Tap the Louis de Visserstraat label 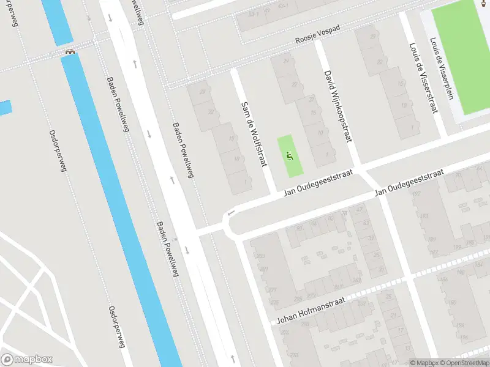[x=423, y=78]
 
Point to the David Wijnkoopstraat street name [x=337, y=105]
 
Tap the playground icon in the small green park [x=289, y=157]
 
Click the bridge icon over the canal [x=70, y=52]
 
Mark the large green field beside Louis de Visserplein [x=461, y=61]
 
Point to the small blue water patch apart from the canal [x=5, y=108]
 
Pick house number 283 [x=260, y=256]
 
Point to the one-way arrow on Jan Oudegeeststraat [x=231, y=213]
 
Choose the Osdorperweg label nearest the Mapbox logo [x=116, y=327]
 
